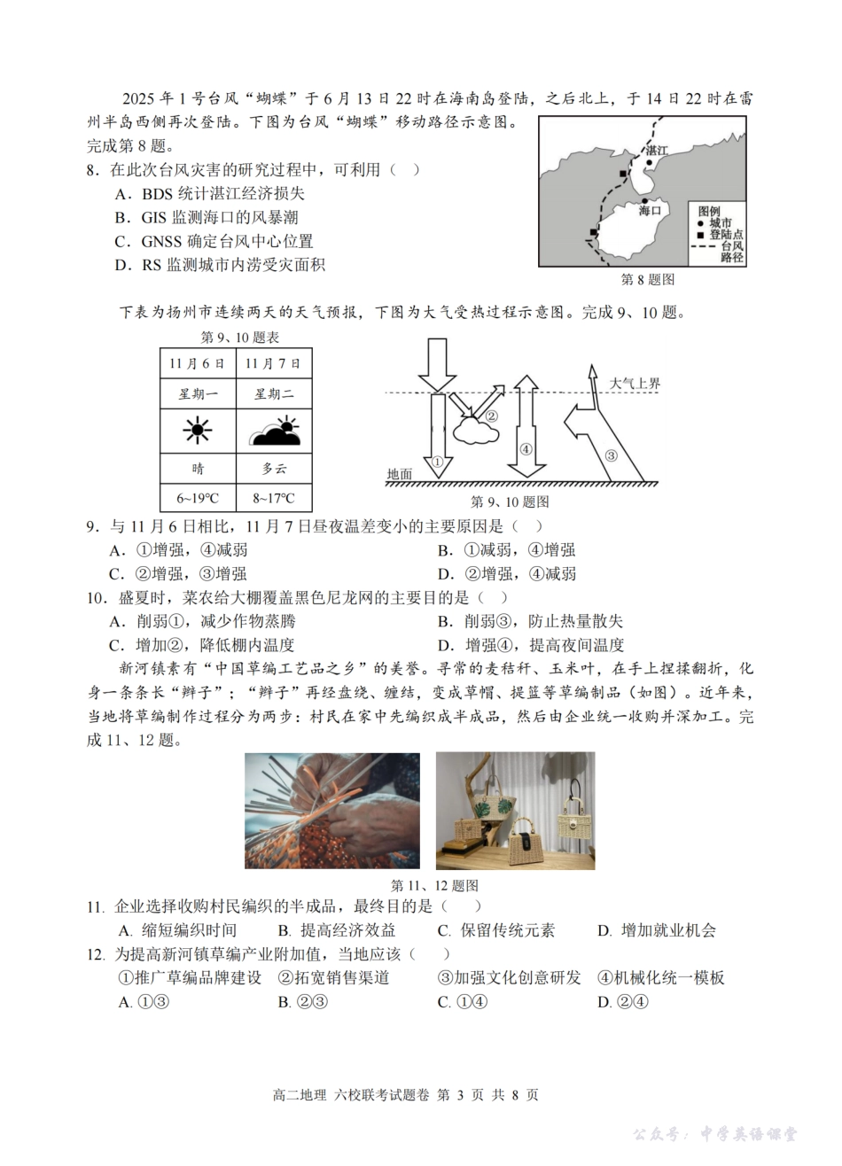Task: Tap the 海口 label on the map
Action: (651, 210)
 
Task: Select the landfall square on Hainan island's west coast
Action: (593, 232)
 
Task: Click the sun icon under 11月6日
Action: (198, 431)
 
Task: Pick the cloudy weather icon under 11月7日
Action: (273, 431)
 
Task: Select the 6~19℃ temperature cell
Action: (198, 499)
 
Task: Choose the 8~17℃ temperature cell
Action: (273, 499)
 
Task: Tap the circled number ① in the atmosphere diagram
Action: (436, 462)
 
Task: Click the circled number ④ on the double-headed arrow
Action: (526, 448)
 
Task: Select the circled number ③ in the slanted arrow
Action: (611, 455)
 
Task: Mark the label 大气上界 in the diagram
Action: (634, 384)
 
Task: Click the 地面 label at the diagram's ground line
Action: (399, 474)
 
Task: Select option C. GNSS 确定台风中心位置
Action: (214, 241)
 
